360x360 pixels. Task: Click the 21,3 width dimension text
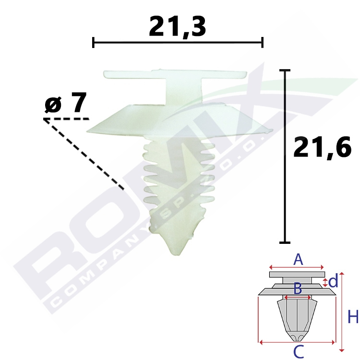click(x=177, y=26)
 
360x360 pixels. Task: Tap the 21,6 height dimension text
click(x=322, y=147)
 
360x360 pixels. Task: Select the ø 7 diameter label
click(x=66, y=102)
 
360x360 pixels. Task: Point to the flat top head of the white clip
click(x=175, y=74)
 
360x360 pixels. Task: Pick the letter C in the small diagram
click(x=299, y=352)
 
